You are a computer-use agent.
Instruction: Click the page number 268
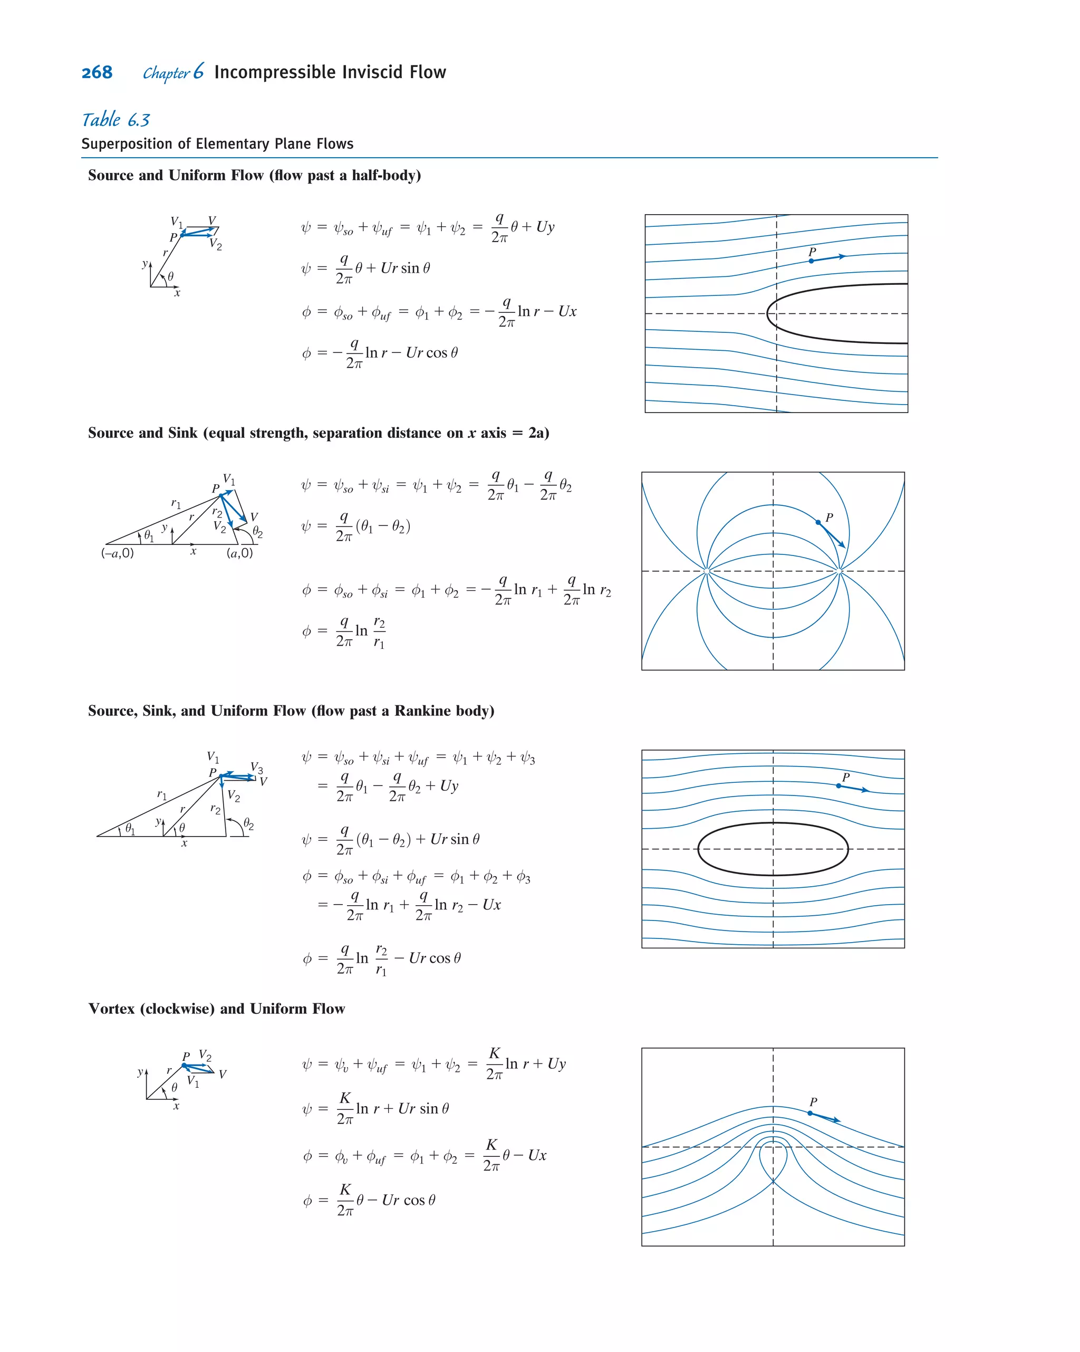pyautogui.click(x=97, y=73)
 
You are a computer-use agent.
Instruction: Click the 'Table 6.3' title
pyautogui.click(x=116, y=120)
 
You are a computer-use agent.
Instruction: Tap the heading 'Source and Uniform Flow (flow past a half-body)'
pyautogui.click(x=254, y=176)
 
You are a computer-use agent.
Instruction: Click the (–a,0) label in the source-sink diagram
pyautogui.click(x=117, y=553)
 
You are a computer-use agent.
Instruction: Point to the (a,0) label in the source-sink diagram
pyautogui.click(x=239, y=553)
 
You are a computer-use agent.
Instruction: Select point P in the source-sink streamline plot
pyautogui.click(x=818, y=522)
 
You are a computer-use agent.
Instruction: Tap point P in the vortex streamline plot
pyautogui.click(x=810, y=1113)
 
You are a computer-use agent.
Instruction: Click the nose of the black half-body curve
pyautogui.click(x=768, y=313)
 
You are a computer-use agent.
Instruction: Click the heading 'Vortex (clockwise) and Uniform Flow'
pyautogui.click(x=216, y=1009)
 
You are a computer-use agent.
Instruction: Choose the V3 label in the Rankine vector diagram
pyautogui.click(x=257, y=768)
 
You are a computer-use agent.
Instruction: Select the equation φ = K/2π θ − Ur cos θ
pyautogui.click(x=369, y=1200)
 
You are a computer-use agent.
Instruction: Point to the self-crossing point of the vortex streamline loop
pyautogui.click(x=773, y=1181)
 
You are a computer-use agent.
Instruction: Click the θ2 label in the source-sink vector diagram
pyautogui.click(x=257, y=532)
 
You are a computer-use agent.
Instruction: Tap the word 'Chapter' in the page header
pyautogui.click(x=166, y=73)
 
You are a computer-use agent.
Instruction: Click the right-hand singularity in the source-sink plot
pyautogui.click(x=840, y=571)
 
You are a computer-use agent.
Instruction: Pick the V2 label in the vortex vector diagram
pyautogui.click(x=205, y=1056)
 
